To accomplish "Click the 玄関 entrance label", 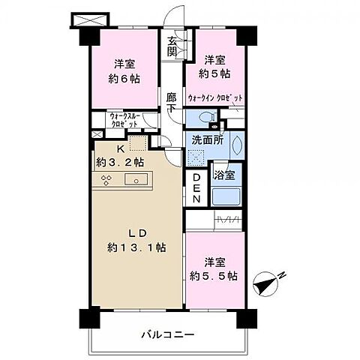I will click(172, 46).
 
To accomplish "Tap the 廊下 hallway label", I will click(172, 102).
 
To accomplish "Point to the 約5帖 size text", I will click(214, 73).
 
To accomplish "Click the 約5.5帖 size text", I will click(214, 276).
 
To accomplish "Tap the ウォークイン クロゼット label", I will click(214, 97).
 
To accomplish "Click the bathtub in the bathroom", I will click(226, 197).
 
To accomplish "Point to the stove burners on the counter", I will click(107, 179).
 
